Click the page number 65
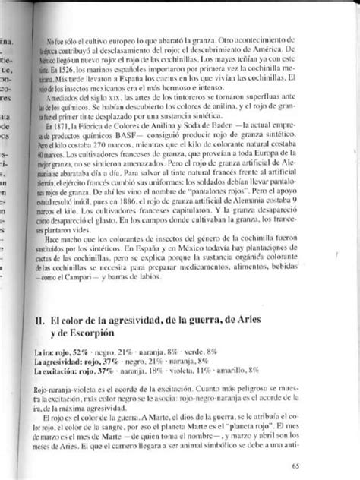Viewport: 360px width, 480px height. click(x=332, y=466)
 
